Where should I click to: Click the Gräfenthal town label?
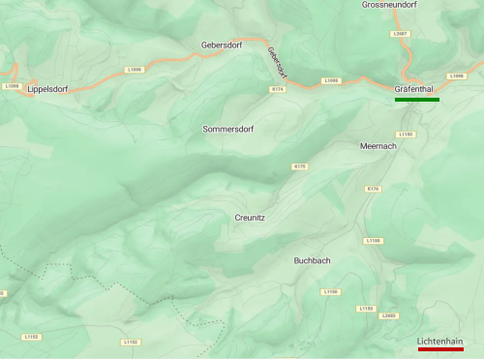pos(417,89)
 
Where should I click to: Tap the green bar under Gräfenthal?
pos(417,100)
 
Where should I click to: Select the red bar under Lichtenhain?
pos(440,350)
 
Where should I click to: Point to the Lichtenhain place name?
pos(440,341)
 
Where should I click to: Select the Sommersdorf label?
pos(227,129)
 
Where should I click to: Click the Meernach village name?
pos(378,145)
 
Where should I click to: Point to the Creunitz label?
pos(250,218)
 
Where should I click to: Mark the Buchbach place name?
pos(313,260)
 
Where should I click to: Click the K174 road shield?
pos(278,89)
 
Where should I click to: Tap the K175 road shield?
pos(299,166)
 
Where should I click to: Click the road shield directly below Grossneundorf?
pos(401,33)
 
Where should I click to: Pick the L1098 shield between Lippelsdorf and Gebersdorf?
pos(134,70)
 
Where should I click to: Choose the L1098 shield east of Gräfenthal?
pos(457,75)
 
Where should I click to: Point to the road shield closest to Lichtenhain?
pos(389,315)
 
